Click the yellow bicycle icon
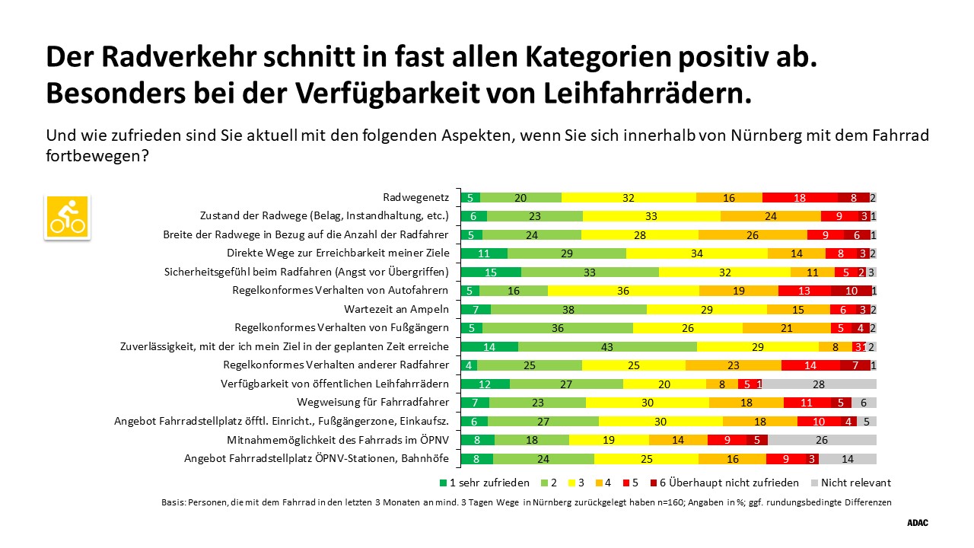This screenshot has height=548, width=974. pos(67,218)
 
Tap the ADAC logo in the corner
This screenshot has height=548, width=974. pos(918,523)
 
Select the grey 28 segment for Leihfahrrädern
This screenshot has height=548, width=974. pos(820,384)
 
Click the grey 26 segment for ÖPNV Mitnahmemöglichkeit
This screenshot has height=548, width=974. pos(822,440)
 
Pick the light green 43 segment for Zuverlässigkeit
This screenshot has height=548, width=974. pos(607,347)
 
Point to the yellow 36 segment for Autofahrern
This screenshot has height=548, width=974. pos(623,291)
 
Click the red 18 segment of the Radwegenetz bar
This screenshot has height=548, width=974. pos(800,198)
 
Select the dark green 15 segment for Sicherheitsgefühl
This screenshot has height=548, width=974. pos(492,272)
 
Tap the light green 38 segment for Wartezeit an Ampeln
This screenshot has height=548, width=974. pos(568,310)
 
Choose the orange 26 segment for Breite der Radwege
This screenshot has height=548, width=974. pos(753,235)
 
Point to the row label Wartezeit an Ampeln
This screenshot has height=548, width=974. pos(396,310)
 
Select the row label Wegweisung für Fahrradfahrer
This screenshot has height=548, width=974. pos(373,403)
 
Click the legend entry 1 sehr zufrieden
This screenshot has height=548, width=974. pos(485,483)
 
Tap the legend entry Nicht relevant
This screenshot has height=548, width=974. pos(854,483)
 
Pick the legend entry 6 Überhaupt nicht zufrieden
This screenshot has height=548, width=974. pos(729,483)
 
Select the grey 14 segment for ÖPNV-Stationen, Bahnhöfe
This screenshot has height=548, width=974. pos(848,459)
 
